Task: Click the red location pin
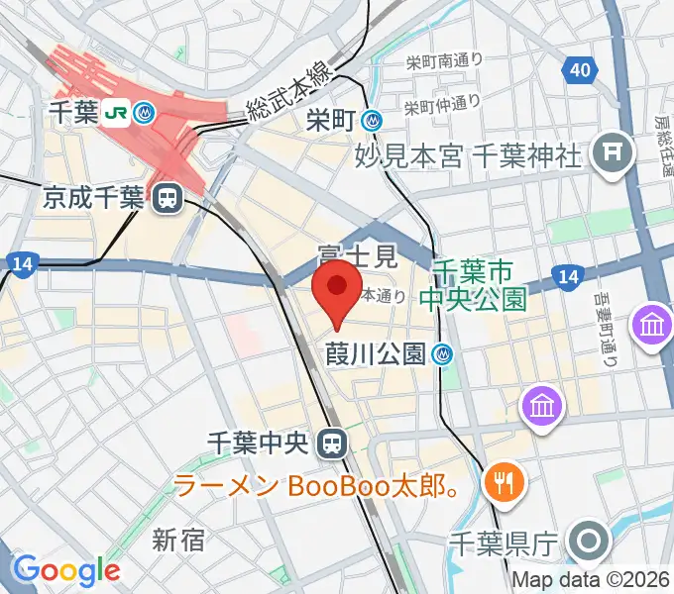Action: (x=337, y=288)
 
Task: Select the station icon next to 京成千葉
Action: (x=167, y=199)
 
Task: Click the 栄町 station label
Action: (x=331, y=121)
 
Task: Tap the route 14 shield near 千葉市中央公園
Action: (x=568, y=277)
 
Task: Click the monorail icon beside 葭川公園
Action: (x=444, y=352)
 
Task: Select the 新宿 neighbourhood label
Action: (x=178, y=540)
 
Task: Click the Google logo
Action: (x=66, y=570)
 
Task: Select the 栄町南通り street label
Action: (x=443, y=62)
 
